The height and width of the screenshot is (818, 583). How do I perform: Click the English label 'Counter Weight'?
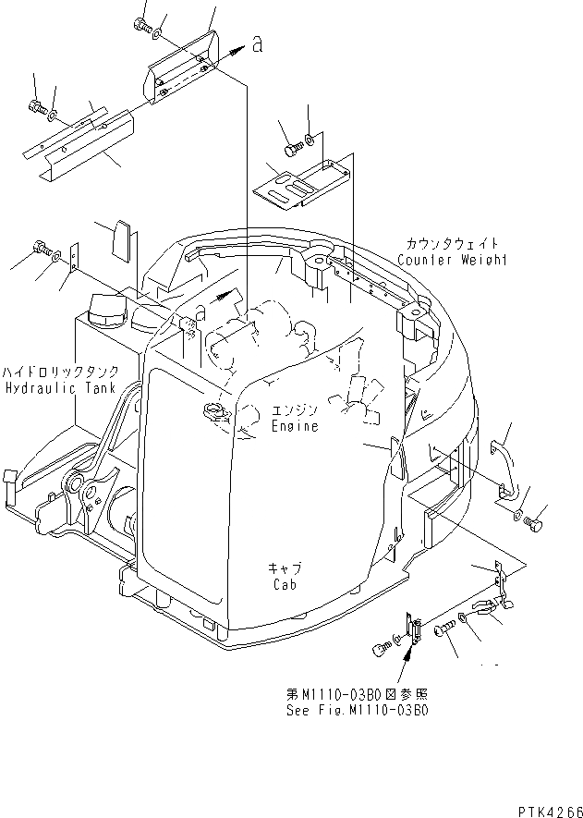point(453,261)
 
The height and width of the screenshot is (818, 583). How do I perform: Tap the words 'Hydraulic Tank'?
point(59,389)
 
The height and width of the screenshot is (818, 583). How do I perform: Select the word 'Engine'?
point(296,426)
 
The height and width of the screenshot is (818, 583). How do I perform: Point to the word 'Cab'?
point(284,584)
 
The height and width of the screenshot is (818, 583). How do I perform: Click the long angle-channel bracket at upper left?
point(83,140)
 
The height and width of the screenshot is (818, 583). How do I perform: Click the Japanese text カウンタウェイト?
point(453,244)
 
